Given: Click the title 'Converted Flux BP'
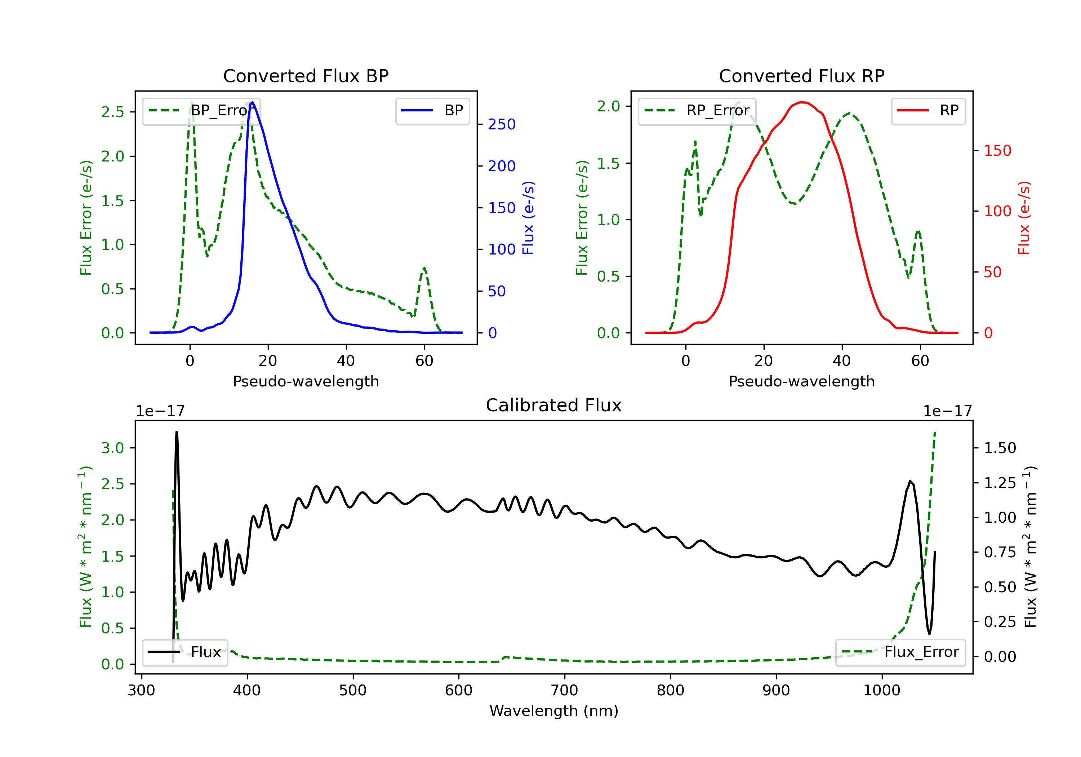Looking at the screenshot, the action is [x=306, y=76].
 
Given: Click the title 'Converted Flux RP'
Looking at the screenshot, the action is [x=801, y=76].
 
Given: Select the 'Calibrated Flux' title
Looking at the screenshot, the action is [x=554, y=405].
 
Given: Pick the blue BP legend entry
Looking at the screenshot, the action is [x=432, y=111].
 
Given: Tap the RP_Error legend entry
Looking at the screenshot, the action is [x=697, y=111].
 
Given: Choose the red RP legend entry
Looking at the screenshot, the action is [x=928, y=111].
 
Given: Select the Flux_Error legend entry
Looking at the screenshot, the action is [x=900, y=652].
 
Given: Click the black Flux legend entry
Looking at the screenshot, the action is [x=184, y=652].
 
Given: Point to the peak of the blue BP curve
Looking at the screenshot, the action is [x=252, y=102].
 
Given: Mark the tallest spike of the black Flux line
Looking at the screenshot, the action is [x=177, y=432].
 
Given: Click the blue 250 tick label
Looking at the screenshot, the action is [x=502, y=124].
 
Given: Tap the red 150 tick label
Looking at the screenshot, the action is [x=998, y=151].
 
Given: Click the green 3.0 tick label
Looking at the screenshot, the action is [x=112, y=448].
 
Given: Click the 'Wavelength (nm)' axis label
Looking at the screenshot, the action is [x=554, y=711].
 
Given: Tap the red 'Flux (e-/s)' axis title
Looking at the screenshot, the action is [x=1024, y=218].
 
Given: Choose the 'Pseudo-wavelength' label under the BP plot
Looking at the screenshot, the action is [x=306, y=381].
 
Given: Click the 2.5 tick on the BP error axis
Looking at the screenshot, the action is [x=112, y=112].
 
